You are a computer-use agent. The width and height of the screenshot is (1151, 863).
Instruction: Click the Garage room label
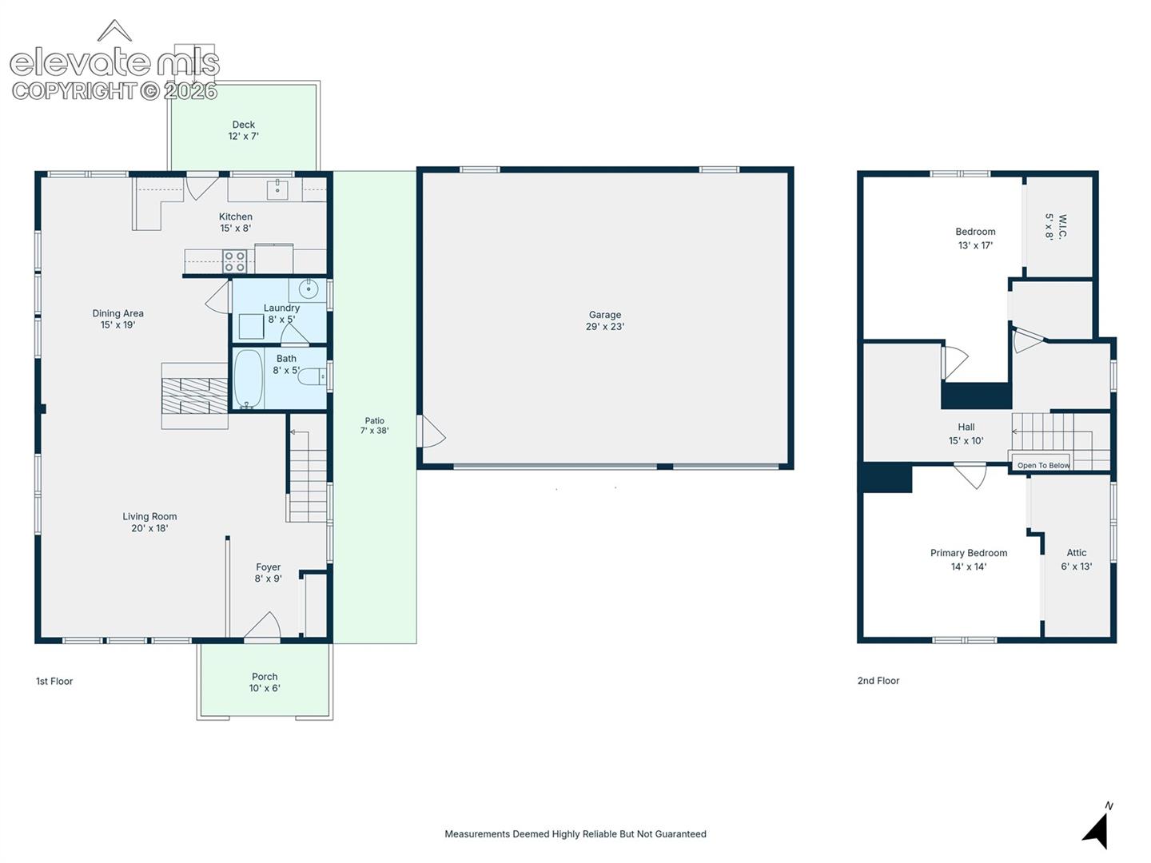click(x=604, y=320)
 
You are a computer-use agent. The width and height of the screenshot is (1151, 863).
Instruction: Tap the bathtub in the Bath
click(x=248, y=379)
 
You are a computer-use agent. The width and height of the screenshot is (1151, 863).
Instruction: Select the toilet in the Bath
click(x=313, y=376)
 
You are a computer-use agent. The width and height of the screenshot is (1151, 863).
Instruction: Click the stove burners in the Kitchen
click(x=234, y=261)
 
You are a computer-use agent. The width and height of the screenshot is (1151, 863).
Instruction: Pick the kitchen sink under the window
click(x=277, y=190)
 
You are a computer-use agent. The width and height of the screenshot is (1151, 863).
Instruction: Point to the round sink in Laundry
click(x=309, y=288)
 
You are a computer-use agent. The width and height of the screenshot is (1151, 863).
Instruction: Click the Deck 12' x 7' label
click(x=243, y=130)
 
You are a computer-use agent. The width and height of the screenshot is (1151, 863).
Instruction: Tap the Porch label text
click(x=265, y=677)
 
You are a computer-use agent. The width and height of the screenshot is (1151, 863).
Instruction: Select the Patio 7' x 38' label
click(x=374, y=425)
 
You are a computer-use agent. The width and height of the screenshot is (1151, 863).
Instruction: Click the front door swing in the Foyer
click(x=263, y=625)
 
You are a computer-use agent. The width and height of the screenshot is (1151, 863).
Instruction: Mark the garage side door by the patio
click(x=431, y=431)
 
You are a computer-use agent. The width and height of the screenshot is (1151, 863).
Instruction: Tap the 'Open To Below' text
click(x=1044, y=465)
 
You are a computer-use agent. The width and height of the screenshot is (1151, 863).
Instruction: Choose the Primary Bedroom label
click(x=969, y=559)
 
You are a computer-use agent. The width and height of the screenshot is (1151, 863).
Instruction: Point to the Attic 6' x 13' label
click(x=1077, y=559)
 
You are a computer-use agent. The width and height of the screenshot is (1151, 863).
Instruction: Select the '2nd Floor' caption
click(x=878, y=681)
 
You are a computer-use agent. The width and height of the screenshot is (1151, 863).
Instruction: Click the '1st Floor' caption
click(x=54, y=681)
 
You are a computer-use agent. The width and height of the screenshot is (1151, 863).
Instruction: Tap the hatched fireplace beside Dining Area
click(x=194, y=396)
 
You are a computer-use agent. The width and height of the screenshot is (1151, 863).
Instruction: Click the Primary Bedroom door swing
click(x=970, y=476)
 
